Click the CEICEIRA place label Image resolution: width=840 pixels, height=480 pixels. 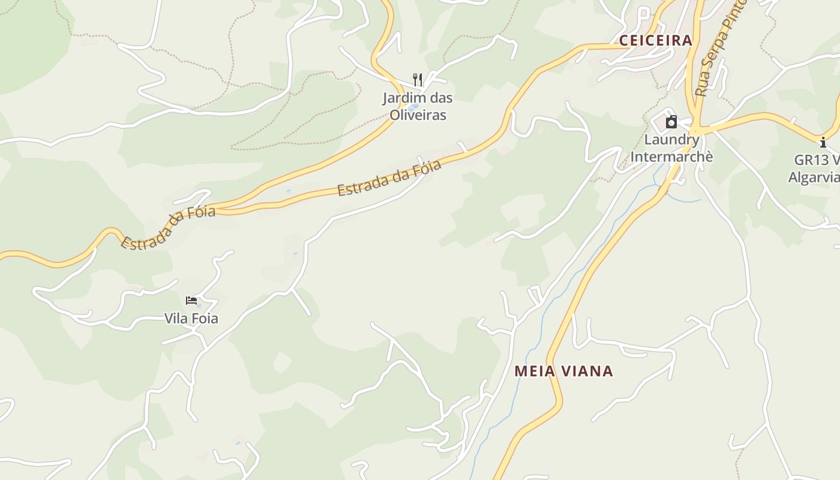tap(655, 41)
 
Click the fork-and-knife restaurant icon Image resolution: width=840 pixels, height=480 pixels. tap(418, 79)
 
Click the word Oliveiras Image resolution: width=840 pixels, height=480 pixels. tap(418, 115)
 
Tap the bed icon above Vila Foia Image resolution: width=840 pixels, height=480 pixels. tap(191, 301)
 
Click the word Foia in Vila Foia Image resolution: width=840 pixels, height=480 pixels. tap(205, 319)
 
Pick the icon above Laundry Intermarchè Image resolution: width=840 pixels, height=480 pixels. tap(671, 122)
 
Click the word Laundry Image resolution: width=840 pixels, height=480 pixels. tap(671, 140)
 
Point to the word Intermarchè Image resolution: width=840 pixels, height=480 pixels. tap(671, 157)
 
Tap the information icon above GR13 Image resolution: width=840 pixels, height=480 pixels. tap(823, 143)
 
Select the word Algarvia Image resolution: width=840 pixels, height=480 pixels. tap(814, 177)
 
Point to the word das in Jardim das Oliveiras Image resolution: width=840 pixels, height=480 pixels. tap(440, 98)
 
